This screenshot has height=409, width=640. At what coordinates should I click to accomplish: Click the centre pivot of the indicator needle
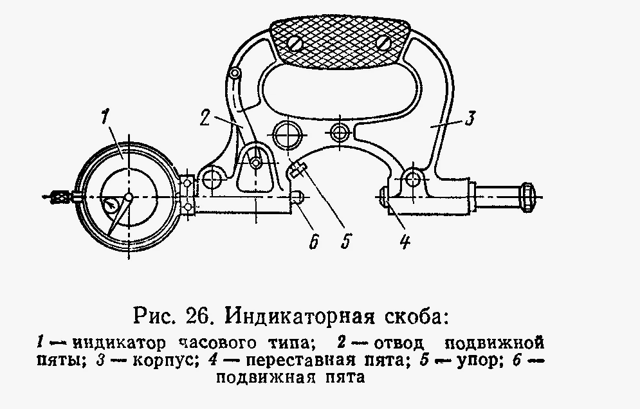click(129, 197)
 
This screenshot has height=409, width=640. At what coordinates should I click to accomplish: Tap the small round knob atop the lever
click(235, 75)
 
